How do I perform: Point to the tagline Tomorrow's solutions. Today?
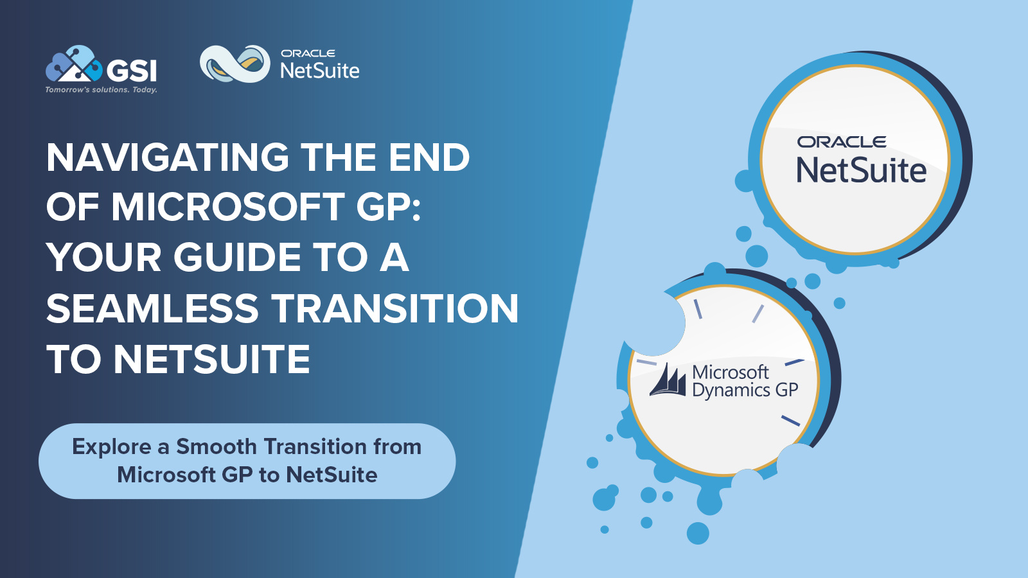tap(101, 90)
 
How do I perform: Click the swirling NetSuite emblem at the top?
tap(235, 64)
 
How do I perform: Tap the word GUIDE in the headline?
tap(238, 258)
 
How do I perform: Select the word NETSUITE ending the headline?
tap(212, 359)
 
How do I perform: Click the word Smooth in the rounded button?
tap(217, 446)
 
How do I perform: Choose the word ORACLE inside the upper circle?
tap(842, 142)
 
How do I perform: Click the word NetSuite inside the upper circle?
tap(861, 171)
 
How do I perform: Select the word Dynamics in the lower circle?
tap(731, 390)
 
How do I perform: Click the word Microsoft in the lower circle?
tap(730, 372)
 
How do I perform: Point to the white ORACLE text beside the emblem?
tap(308, 53)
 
